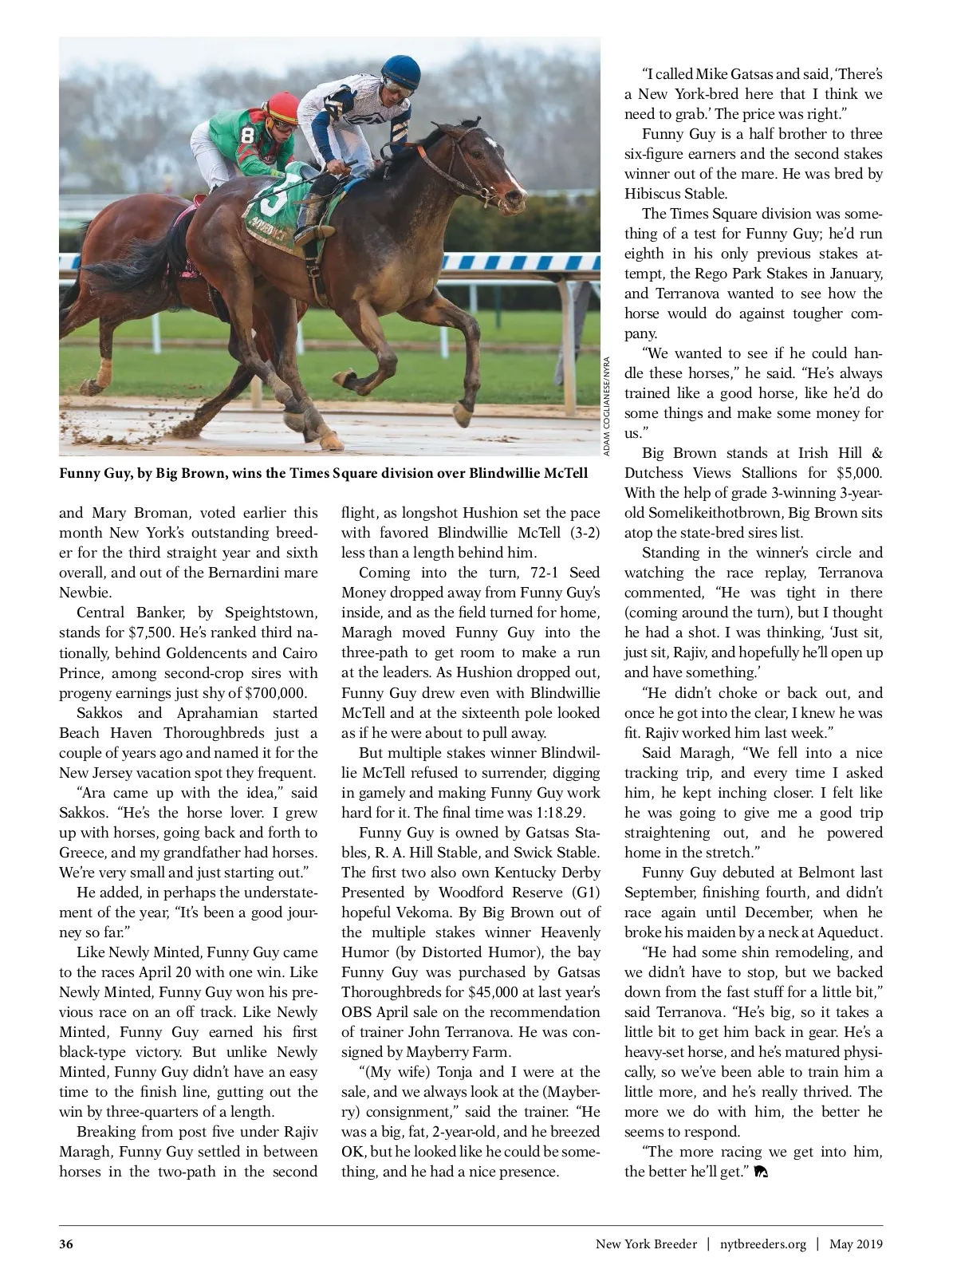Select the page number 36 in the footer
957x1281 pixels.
coord(66,1244)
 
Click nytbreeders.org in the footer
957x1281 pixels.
coord(762,1244)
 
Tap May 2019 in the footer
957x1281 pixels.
coord(856,1244)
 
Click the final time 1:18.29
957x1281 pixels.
coord(557,813)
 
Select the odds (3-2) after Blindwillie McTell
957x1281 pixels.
coord(583,533)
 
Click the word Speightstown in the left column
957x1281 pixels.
coord(271,613)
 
